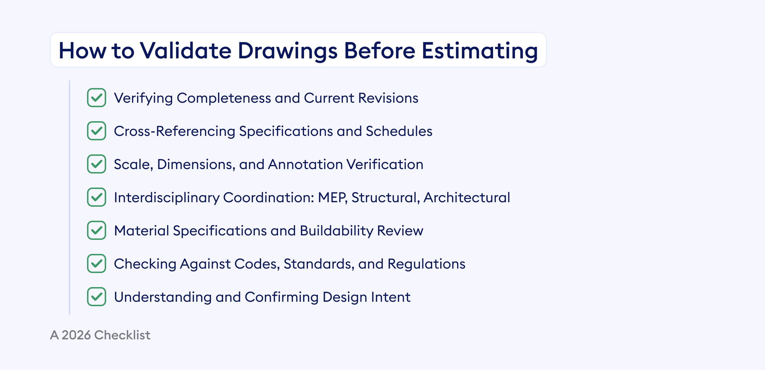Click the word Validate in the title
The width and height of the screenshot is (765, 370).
[186, 51]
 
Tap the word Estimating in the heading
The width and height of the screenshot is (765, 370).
[480, 51]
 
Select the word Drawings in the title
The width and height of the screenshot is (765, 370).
[288, 51]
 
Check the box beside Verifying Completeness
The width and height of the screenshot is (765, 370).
[97, 98]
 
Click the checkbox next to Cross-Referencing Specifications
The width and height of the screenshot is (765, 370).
[97, 131]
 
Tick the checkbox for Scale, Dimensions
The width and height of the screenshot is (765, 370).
[97, 164]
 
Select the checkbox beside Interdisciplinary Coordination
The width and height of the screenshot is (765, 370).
[97, 197]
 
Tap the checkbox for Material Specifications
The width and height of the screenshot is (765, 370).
[97, 230]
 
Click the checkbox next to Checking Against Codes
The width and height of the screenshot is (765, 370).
[97, 263]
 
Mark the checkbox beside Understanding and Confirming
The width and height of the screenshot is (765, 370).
[97, 297]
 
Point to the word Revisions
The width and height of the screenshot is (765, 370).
[388, 98]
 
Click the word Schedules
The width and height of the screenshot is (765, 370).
[399, 131]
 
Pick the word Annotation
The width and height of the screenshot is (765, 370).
[305, 164]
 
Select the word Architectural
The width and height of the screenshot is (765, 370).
[467, 197]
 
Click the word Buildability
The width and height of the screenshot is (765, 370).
[336, 231]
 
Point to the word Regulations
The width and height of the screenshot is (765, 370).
[426, 264]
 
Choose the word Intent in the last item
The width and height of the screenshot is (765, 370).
[390, 297]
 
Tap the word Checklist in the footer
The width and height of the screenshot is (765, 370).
[122, 335]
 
